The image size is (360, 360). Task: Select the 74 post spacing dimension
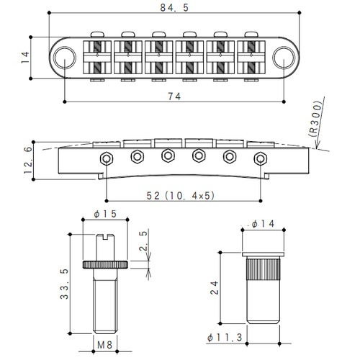pos(175,96)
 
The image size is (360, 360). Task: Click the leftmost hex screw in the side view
pos(107,157)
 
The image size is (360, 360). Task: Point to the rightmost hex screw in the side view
pos(258,157)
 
